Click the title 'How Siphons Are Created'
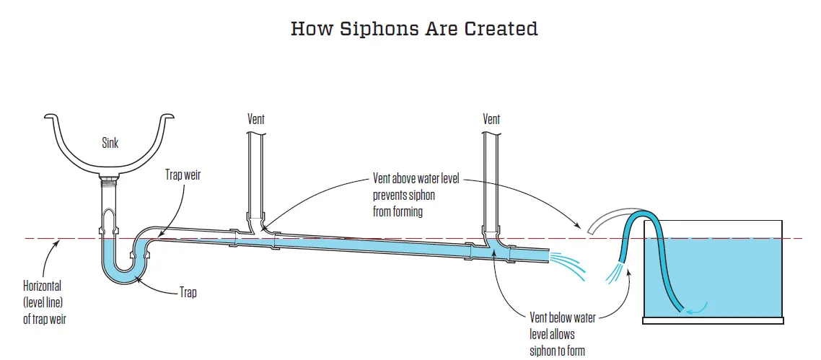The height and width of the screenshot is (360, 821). point(414,29)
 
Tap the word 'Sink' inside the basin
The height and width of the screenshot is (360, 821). point(110,144)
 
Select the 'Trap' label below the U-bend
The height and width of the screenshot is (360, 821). point(188,293)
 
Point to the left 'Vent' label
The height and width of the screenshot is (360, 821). point(255,119)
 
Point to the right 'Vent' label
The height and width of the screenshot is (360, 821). point(491,119)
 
